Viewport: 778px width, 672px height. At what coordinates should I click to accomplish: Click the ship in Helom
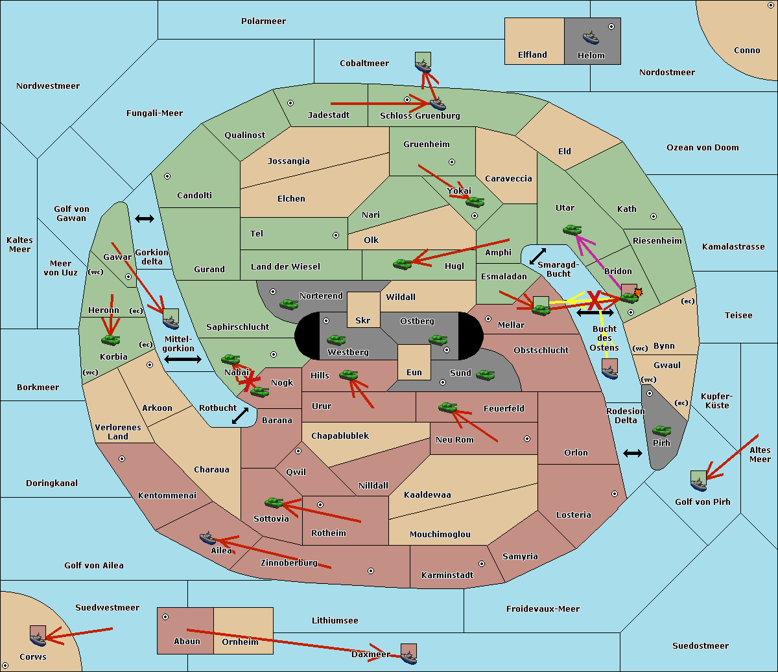(x=591, y=38)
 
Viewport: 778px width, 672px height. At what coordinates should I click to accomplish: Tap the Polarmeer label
(x=263, y=21)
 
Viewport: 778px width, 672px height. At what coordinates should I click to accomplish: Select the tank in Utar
(x=572, y=229)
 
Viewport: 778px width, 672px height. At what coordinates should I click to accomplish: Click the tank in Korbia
(x=111, y=340)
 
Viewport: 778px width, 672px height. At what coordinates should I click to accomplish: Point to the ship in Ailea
(x=207, y=538)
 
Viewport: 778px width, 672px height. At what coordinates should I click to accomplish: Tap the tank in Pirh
(x=661, y=430)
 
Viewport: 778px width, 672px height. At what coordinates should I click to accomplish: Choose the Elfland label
(x=532, y=55)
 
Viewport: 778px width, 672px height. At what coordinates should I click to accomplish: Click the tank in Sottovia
(x=274, y=502)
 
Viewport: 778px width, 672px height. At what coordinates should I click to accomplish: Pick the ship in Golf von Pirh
(x=699, y=484)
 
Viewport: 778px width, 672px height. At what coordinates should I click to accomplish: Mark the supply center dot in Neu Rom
(x=527, y=439)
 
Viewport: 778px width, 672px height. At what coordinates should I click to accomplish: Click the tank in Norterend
(x=289, y=304)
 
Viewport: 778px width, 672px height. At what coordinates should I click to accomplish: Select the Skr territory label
(x=363, y=320)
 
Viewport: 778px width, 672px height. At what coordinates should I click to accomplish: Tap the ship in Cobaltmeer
(x=423, y=66)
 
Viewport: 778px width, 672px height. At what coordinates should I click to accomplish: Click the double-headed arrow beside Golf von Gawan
(x=145, y=218)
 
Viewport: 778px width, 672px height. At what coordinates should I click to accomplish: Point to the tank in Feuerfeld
(x=447, y=407)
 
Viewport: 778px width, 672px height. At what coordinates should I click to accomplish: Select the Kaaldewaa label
(x=427, y=495)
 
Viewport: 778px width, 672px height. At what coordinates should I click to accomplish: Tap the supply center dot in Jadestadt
(x=290, y=103)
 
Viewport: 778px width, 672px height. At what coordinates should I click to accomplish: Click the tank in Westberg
(x=336, y=340)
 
